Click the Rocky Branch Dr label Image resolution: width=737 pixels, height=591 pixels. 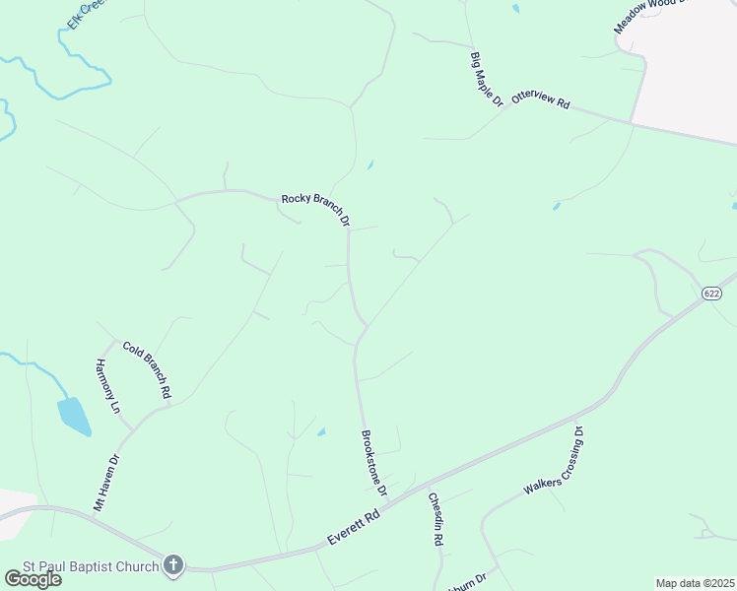click(316, 210)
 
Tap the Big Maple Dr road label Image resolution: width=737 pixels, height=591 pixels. click(487, 79)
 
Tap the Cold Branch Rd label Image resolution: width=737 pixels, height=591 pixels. click(147, 369)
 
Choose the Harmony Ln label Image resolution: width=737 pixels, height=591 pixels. click(107, 386)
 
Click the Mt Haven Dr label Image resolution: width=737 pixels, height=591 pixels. click(105, 483)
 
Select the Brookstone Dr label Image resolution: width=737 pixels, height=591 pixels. click(374, 462)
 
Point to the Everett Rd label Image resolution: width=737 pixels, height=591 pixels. click(354, 529)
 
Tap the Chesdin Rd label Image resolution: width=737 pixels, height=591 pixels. click(435, 519)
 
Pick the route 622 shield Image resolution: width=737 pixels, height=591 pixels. click(712, 294)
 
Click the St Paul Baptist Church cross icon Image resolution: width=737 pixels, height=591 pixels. click(173, 565)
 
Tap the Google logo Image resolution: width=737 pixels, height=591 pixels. click(32, 578)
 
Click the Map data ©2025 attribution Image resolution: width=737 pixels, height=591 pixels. click(695, 583)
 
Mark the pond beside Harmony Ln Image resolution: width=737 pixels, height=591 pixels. click(74, 416)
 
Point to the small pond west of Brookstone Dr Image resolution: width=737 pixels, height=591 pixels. click(322, 431)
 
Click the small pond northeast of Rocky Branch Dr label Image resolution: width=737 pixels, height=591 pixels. click(369, 165)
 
